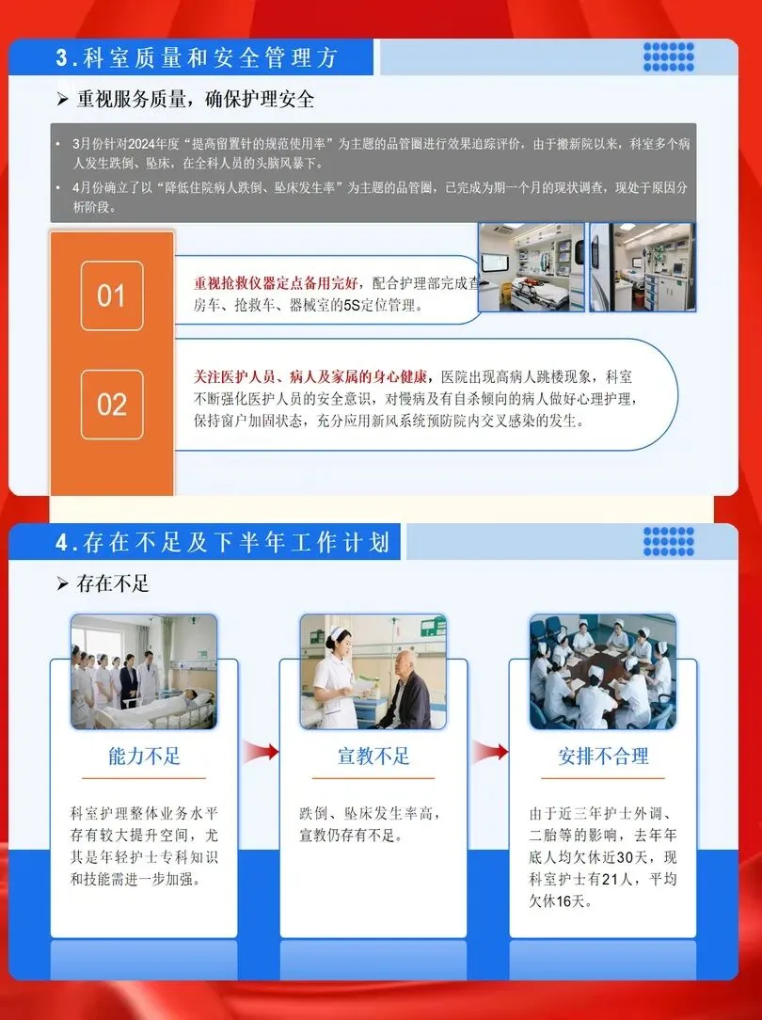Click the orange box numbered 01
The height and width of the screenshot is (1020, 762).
112,295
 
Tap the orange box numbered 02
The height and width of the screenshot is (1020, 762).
112,404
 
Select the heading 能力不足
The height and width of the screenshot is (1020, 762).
144,756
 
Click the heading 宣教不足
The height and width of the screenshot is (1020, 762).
373,756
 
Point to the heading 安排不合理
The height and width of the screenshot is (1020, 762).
603,756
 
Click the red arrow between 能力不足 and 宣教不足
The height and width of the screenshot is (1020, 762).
261,752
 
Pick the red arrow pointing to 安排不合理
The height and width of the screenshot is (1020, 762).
490,752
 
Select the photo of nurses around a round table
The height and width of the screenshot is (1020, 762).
603,671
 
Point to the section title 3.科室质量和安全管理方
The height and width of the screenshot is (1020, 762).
197,58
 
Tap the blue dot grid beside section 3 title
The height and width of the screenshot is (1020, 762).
668,56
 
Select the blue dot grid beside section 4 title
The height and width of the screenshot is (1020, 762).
668,541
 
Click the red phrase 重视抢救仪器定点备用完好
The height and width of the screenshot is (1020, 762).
276,283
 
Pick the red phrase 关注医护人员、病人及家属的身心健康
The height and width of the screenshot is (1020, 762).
310,376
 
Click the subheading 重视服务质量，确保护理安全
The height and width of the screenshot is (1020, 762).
195,99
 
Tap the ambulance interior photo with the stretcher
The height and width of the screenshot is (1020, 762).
532,266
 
